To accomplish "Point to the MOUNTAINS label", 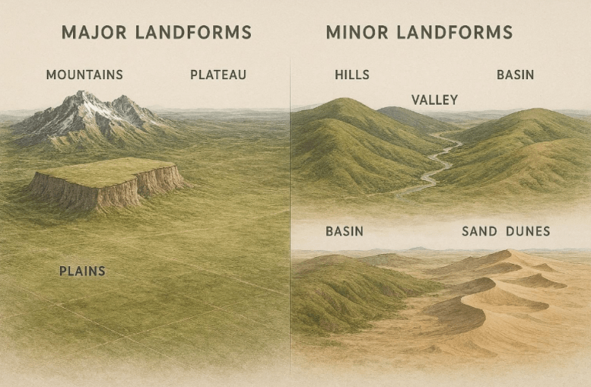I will point(84,75).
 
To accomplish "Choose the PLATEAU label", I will point(218,75).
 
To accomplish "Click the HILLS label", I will point(352,75).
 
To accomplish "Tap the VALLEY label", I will point(434,100).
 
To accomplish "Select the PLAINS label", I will point(82,271).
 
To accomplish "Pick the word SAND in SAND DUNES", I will point(479,231).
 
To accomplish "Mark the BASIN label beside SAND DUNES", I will point(344,231).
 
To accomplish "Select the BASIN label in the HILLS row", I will point(515,75).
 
